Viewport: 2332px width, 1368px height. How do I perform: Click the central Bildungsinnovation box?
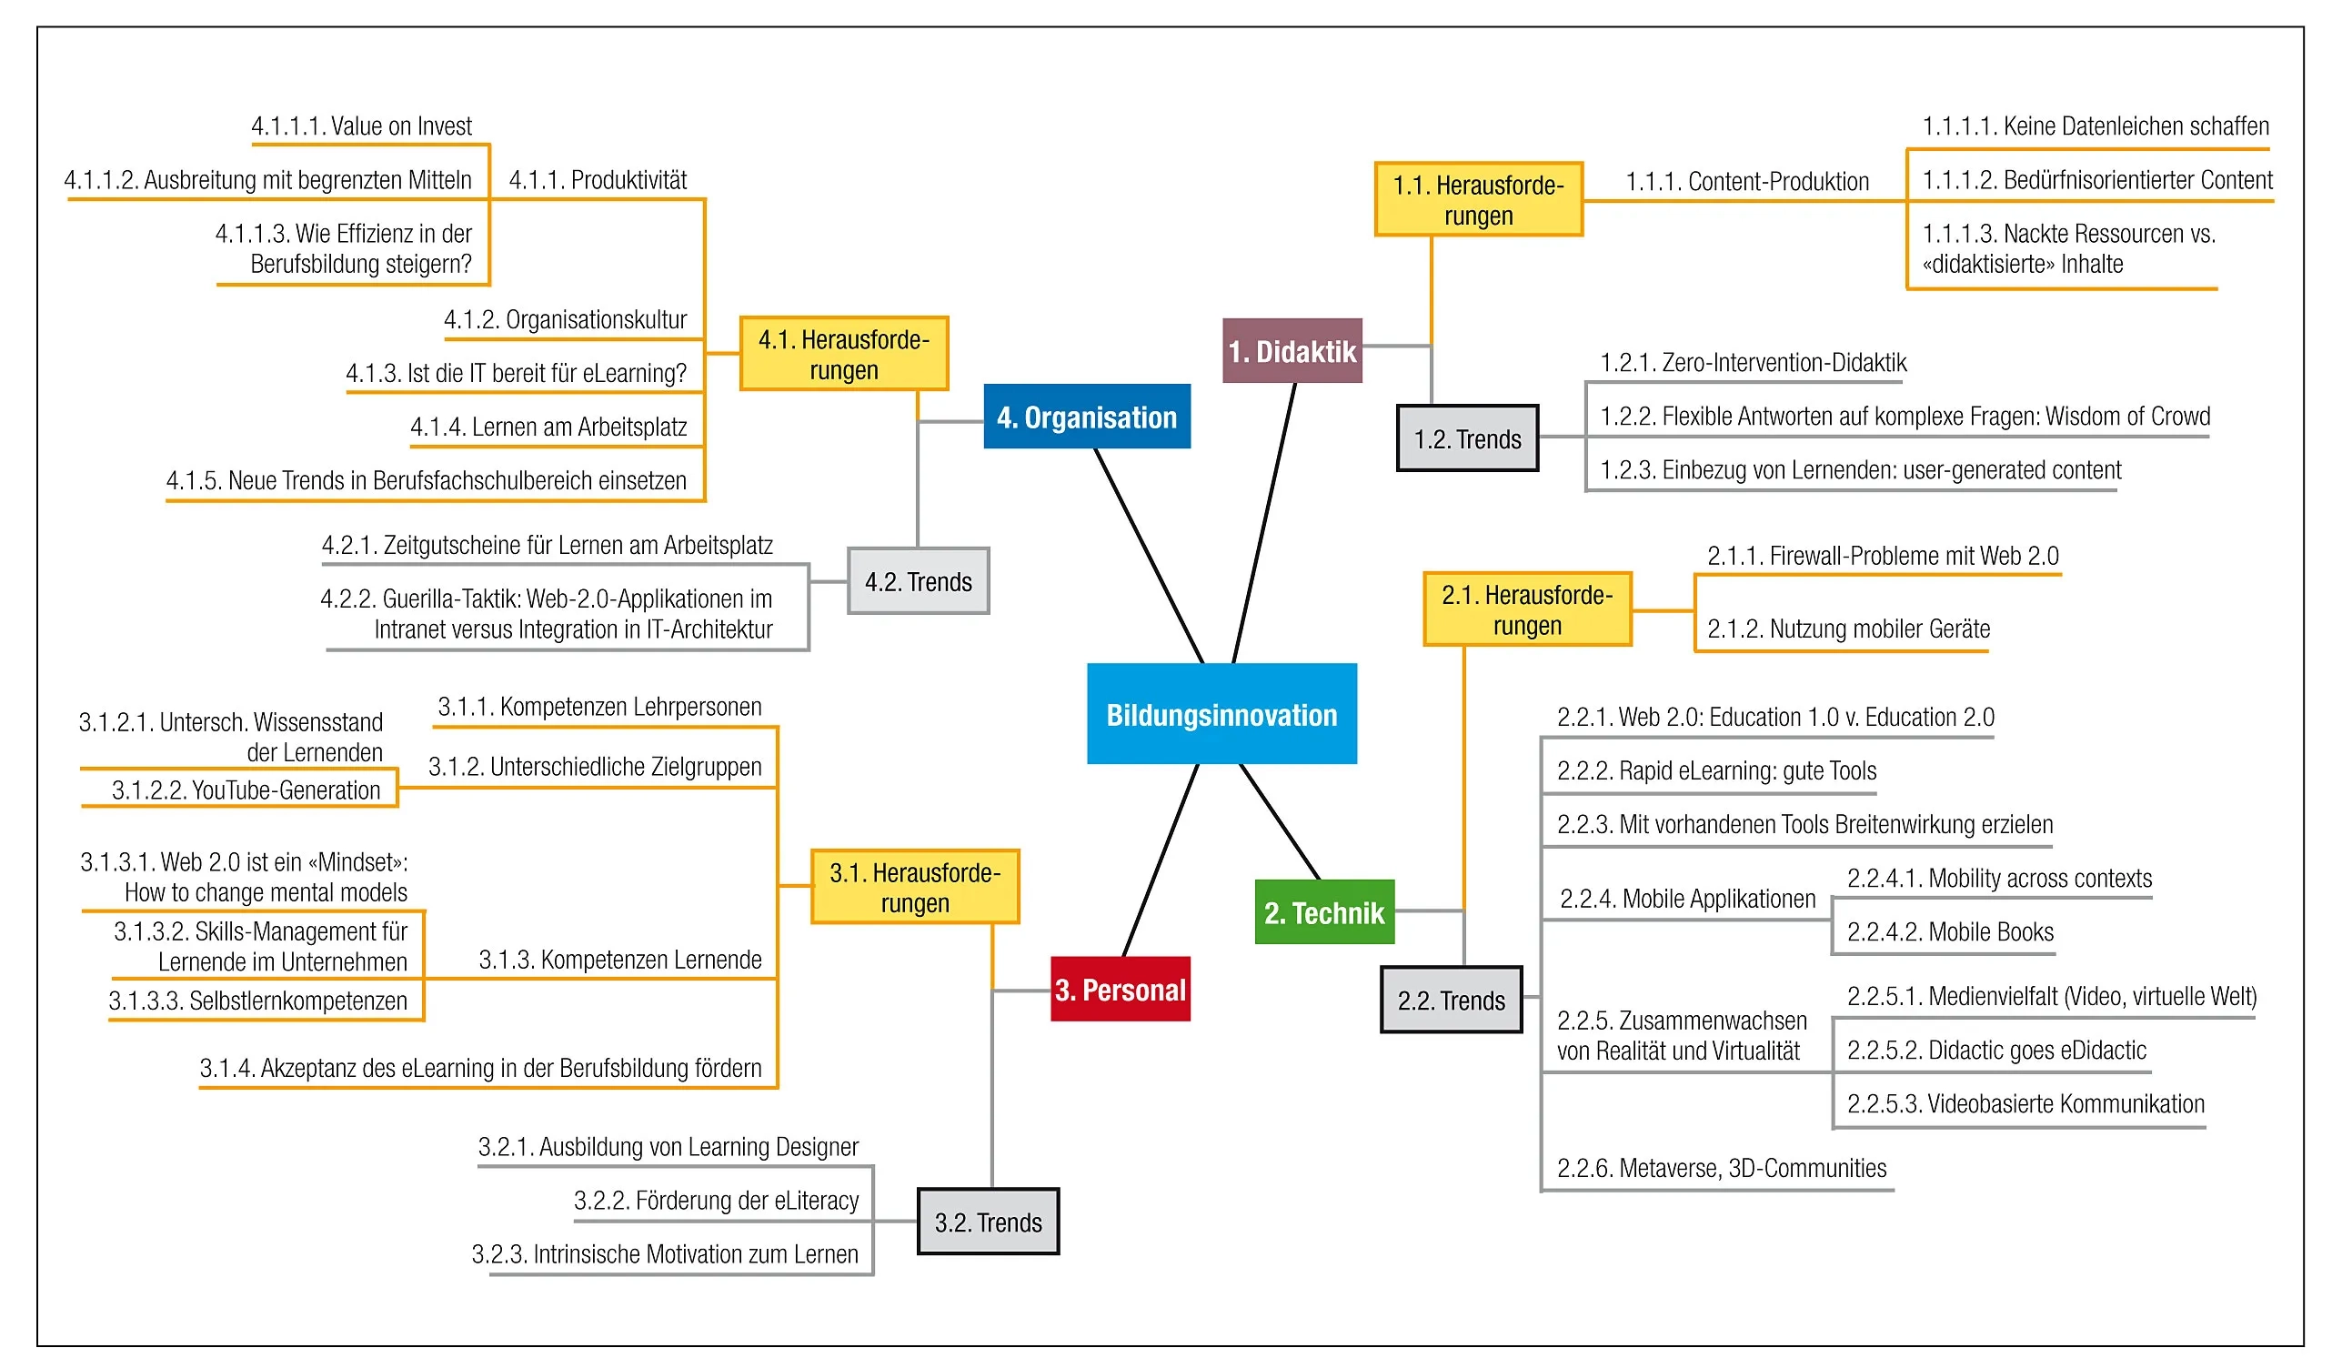tap(1221, 714)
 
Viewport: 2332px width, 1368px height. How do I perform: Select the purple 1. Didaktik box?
tap(1292, 351)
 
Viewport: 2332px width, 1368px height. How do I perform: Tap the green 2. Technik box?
tap(1324, 912)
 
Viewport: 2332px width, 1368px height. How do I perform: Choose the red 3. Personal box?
tap(1120, 990)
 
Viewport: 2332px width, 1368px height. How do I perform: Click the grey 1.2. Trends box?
tap(1467, 438)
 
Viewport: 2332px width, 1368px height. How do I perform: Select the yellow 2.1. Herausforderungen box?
tap(1527, 609)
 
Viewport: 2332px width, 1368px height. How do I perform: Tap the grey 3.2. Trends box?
tap(988, 1222)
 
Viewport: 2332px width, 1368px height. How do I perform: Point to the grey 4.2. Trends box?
tap(918, 581)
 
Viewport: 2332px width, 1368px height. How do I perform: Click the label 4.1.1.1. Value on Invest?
tap(361, 126)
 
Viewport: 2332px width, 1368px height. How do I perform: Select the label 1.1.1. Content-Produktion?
tap(1747, 181)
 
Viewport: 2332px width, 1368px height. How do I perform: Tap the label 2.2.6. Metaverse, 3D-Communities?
tap(1721, 1168)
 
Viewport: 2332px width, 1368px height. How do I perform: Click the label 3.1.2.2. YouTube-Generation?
tap(246, 790)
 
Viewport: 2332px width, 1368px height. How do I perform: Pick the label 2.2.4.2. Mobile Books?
tap(1950, 932)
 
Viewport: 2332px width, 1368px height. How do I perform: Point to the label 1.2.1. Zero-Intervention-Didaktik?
tap(1753, 362)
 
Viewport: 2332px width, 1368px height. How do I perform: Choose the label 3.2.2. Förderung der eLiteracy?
tap(717, 1201)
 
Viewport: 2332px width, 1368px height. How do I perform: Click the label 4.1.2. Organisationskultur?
tap(565, 319)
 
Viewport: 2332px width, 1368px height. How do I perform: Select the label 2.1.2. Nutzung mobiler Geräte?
tap(1848, 629)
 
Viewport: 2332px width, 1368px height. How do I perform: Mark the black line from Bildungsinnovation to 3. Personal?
tap(1161, 860)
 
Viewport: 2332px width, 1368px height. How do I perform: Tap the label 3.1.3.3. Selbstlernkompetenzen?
tap(257, 1001)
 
